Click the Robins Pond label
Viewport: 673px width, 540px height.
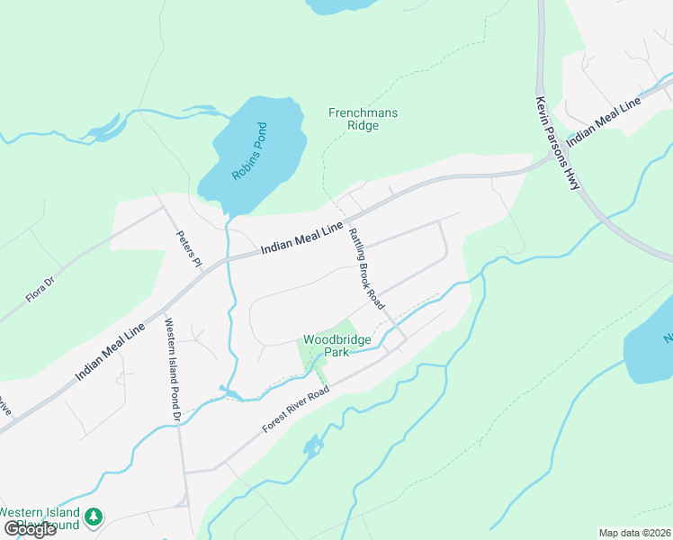(249, 151)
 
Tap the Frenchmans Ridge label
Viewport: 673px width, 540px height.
(363, 119)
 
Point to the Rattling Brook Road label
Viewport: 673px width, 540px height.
(366, 267)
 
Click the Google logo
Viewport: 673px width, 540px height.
(30, 528)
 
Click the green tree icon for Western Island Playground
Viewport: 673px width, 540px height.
(94, 517)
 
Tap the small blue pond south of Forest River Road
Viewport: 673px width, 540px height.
(312, 445)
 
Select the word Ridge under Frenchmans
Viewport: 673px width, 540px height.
(363, 126)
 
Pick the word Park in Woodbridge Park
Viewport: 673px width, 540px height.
(336, 353)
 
